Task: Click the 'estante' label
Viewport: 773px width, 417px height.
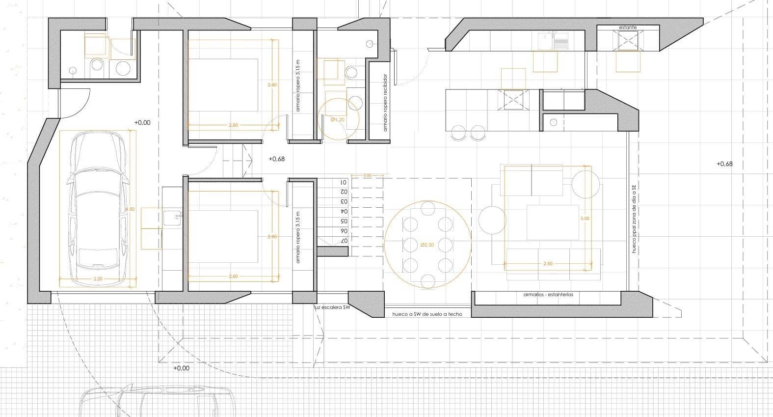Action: coord(628,28)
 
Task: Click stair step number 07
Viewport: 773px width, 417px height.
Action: coord(344,241)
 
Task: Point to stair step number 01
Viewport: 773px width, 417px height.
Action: coord(344,182)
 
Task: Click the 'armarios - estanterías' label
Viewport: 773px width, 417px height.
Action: coord(548,295)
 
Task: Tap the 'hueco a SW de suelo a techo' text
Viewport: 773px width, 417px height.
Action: coord(427,314)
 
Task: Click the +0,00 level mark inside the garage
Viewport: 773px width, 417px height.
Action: coord(142,123)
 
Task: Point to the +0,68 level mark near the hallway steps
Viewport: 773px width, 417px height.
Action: coord(277,159)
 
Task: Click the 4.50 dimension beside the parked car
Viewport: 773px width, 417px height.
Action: coord(130,210)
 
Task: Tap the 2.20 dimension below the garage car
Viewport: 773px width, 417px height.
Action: coord(97,279)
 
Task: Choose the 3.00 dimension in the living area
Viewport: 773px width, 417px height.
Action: coord(585,219)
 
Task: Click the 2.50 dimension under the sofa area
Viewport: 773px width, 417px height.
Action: coord(548,264)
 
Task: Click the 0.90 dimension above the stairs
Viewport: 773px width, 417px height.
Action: coord(368,175)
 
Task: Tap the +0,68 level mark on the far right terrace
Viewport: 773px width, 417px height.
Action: coord(724,164)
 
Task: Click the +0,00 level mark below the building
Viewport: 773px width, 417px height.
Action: coord(181,368)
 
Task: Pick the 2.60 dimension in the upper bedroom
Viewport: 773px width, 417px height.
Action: coord(272,85)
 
